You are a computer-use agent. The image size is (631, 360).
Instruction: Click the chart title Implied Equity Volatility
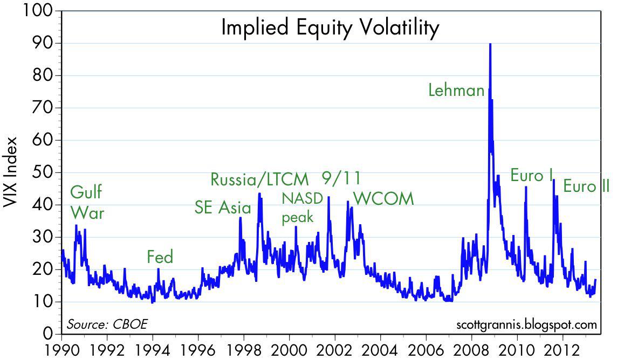point(330,27)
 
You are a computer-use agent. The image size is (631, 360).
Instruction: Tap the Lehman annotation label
point(456,90)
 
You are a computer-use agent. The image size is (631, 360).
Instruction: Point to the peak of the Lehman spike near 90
point(490,44)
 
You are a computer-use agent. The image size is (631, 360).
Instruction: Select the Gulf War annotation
point(87,202)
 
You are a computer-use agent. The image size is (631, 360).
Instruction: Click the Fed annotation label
point(160,257)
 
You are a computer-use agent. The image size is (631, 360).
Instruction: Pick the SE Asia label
point(223,207)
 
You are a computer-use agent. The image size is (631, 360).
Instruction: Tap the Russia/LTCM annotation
point(259,179)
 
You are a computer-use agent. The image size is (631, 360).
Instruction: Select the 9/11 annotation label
point(341,178)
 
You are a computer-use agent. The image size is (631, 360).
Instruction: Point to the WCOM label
point(383,198)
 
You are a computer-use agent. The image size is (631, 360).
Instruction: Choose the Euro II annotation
point(586,186)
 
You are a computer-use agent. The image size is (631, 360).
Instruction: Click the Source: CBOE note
point(107,324)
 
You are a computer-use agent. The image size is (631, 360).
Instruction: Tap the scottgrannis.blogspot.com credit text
point(526,324)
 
